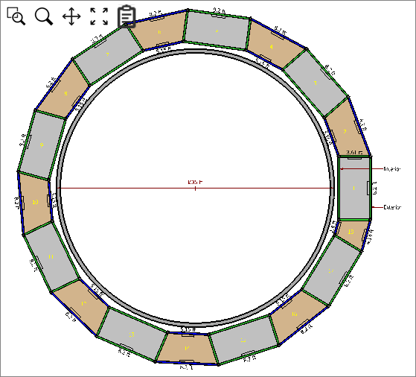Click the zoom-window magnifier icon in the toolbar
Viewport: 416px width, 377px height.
16,16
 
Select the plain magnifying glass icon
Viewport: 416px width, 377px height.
44,16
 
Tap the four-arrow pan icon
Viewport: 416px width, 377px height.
71,16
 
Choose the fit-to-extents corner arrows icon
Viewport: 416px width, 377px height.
99,16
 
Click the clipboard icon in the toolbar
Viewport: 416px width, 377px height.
127,16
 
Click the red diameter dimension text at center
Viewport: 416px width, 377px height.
196,183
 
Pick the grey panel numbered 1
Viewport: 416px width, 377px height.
354,188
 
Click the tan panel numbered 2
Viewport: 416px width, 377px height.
345,130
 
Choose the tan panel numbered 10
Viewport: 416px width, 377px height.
35,201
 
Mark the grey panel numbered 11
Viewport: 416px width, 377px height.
51,256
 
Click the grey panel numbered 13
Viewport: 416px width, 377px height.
130,335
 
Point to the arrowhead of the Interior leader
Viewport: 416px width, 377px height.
341,169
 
